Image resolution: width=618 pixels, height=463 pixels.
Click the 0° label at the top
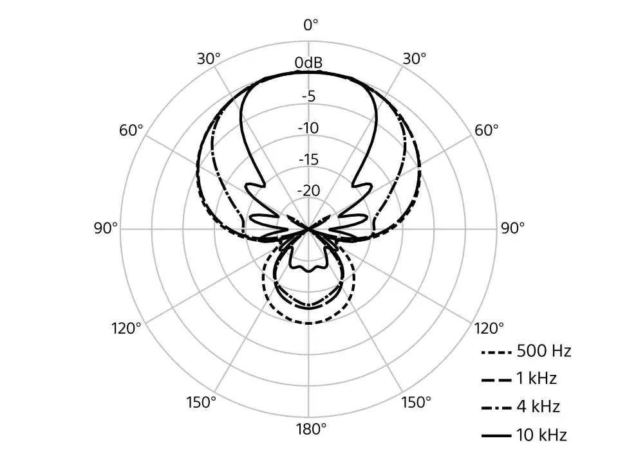coord(310,25)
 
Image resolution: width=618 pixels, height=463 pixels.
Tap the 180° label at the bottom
coord(311,429)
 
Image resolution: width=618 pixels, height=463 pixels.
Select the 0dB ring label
coord(308,62)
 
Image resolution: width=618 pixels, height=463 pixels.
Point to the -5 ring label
coord(308,96)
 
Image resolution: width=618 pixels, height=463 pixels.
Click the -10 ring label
coord(308,128)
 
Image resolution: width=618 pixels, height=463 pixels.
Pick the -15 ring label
coord(308,159)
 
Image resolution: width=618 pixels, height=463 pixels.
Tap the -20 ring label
coord(308,190)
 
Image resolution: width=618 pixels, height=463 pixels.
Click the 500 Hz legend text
coord(544,351)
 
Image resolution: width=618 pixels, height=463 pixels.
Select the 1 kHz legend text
coord(536,378)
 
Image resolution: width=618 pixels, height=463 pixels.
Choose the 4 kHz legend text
coord(538,406)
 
